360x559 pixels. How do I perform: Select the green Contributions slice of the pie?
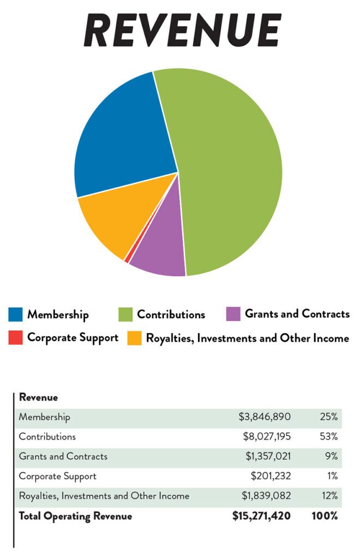235,164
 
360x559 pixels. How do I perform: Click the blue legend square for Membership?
16,314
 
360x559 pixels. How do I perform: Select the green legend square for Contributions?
125,314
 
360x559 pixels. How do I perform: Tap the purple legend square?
233,314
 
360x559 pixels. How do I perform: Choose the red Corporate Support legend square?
16,337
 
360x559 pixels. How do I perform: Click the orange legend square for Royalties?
134,338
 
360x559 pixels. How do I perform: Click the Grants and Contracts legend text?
297,314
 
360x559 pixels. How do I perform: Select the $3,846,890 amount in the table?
265,417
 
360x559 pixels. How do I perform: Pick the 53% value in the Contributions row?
329,437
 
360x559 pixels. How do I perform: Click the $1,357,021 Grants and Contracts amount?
266,456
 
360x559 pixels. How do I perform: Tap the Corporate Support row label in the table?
57,476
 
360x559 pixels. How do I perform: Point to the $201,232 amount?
271,476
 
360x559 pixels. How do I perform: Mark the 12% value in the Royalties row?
329,496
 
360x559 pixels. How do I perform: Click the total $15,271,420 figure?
261,515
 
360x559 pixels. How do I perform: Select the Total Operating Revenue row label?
75,515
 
